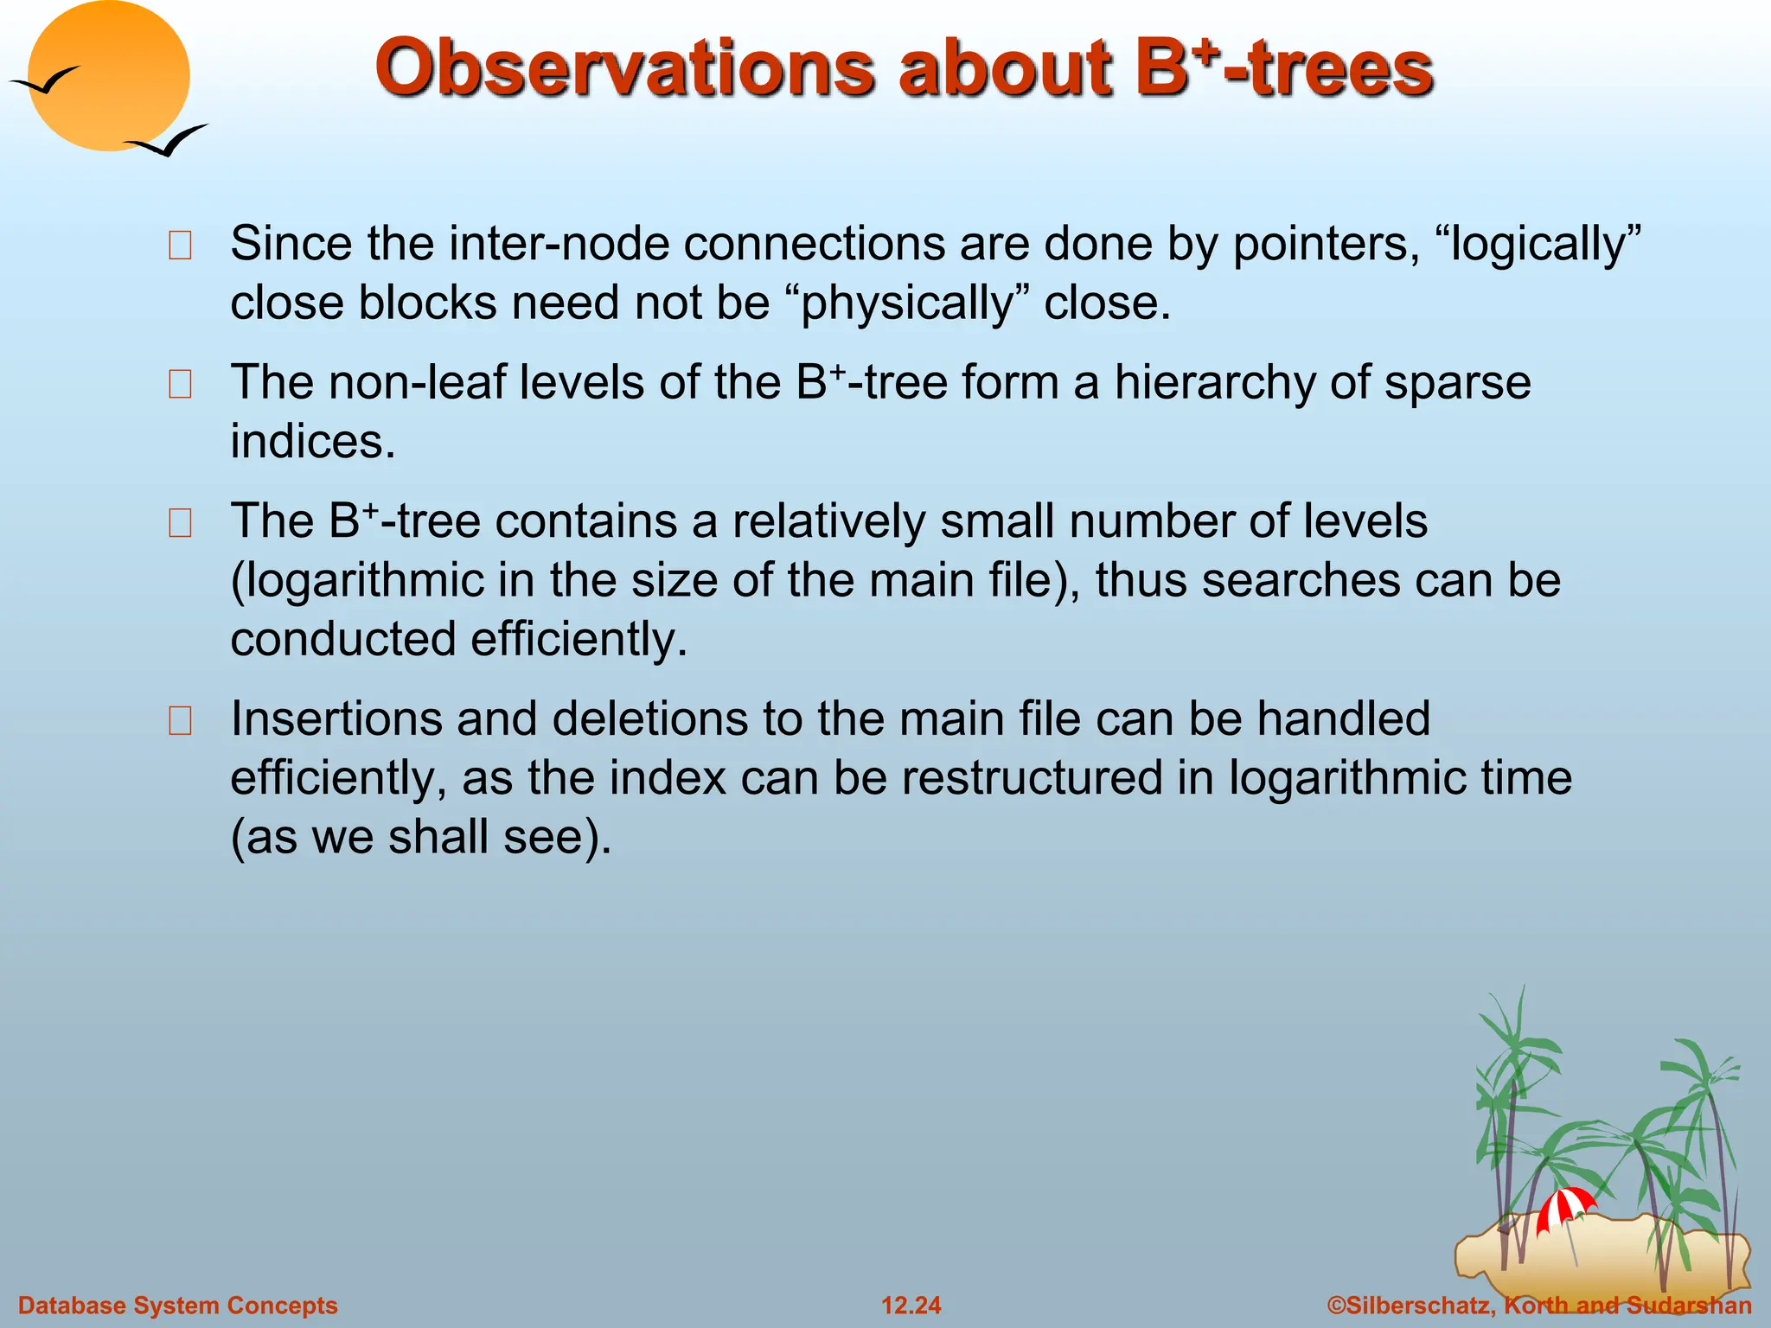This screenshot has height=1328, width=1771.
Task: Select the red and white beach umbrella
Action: coord(1564,1207)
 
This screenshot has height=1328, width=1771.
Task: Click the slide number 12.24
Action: coord(911,1305)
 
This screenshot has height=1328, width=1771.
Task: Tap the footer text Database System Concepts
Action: coord(177,1305)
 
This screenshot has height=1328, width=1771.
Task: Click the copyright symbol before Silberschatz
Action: coord(1336,1305)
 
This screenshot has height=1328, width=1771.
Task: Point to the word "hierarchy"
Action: coord(1214,382)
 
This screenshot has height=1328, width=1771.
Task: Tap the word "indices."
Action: coord(312,442)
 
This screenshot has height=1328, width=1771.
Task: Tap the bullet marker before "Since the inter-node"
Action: coord(180,246)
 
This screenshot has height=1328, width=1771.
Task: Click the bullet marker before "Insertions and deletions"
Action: coord(180,720)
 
